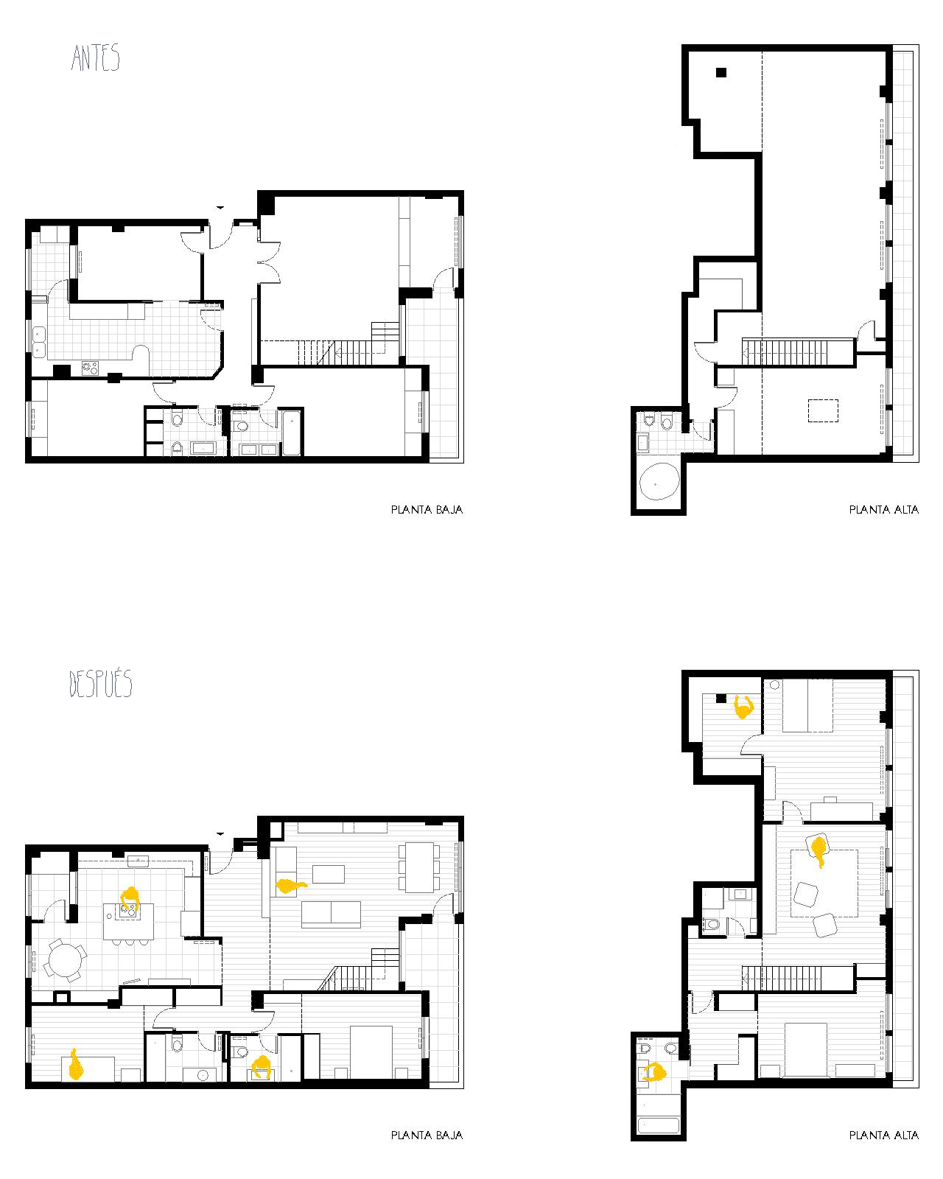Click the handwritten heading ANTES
pyautogui.click(x=95, y=57)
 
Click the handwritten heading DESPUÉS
pyautogui.click(x=101, y=683)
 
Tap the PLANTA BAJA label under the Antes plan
pyautogui.click(x=427, y=509)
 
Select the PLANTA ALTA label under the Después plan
pyautogui.click(x=884, y=1136)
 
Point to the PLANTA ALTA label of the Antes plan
pyautogui.click(x=884, y=509)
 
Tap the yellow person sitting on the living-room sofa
pyautogui.click(x=290, y=886)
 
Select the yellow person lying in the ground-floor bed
pyautogui.click(x=76, y=1064)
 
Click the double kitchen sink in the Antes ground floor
pyautogui.click(x=39, y=341)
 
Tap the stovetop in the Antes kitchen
pyautogui.click(x=90, y=368)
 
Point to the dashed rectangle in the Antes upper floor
pyautogui.click(x=823, y=410)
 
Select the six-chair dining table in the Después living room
pyautogui.click(x=419, y=867)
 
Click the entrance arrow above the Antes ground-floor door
pyautogui.click(x=220, y=207)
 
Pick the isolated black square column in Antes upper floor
pyautogui.click(x=721, y=71)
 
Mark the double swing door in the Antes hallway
pyautogui.click(x=268, y=262)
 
